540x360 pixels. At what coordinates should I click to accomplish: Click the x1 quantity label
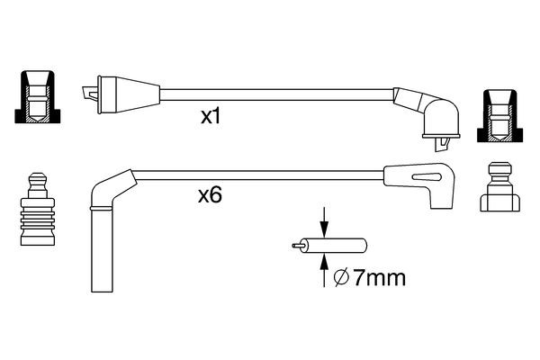click(x=211, y=118)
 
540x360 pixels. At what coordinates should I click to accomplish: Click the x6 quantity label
click(x=210, y=194)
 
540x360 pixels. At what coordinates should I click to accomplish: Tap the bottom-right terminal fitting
click(x=500, y=188)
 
